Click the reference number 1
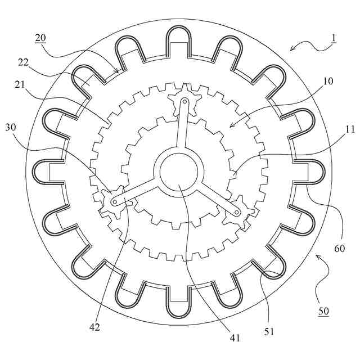pyautogui.click(x=334, y=38)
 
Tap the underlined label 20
pyautogui.click(x=40, y=38)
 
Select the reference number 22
pyautogui.click(x=24, y=62)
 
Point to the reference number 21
pyautogui.click(x=20, y=85)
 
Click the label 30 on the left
pyautogui.click(x=11, y=127)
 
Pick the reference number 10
pyautogui.click(x=328, y=81)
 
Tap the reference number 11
pyautogui.click(x=350, y=130)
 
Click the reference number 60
pyautogui.click(x=340, y=249)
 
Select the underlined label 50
pyautogui.click(x=324, y=311)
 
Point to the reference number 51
pyautogui.click(x=269, y=331)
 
